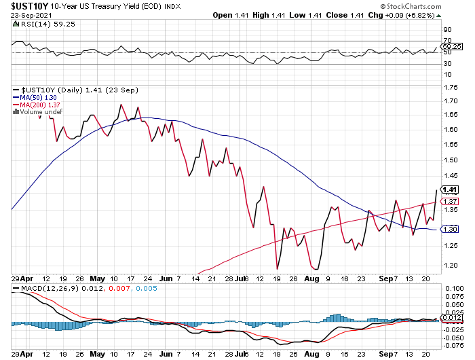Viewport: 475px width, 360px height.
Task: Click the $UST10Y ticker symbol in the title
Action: click(26, 6)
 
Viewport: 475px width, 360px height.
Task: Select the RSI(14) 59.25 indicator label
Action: click(42, 23)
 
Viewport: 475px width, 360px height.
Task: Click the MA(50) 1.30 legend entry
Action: click(35, 97)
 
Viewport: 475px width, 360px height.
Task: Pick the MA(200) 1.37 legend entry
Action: click(37, 105)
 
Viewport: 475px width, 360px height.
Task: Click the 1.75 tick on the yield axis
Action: click(449, 88)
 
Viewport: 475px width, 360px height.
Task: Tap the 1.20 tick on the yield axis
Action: click(449, 265)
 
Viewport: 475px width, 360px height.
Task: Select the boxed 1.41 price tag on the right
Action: click(449, 190)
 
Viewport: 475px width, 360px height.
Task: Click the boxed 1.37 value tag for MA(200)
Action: click(449, 202)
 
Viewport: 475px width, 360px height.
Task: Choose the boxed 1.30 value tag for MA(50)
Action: click(449, 229)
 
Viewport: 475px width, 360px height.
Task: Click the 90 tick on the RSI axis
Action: click(447, 30)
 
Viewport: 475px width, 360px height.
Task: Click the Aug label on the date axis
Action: click(313, 278)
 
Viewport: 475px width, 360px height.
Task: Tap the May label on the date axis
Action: click(98, 278)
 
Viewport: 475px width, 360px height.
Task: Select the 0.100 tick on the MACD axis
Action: click(451, 289)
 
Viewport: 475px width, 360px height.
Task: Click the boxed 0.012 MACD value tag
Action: click(451, 318)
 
